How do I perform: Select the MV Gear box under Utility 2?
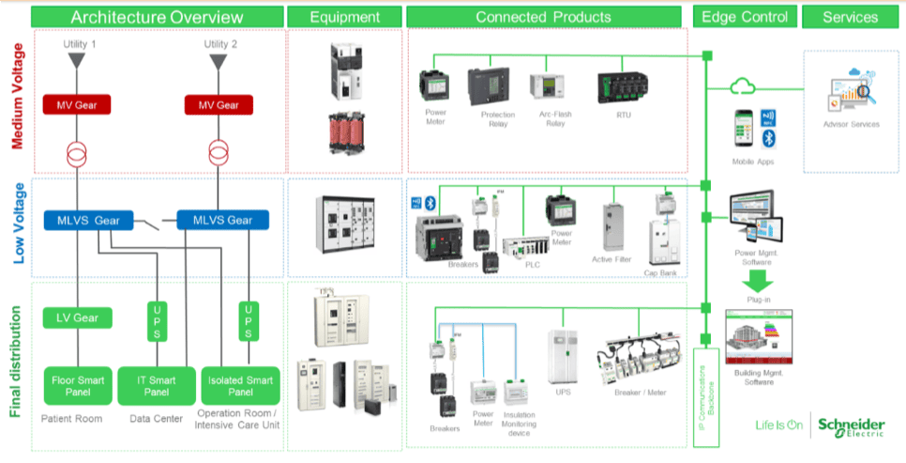click(219, 105)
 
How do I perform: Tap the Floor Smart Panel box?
click(78, 384)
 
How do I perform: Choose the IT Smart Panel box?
click(156, 384)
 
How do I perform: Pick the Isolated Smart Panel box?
click(240, 384)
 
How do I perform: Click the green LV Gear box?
click(78, 317)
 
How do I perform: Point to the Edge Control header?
click(746, 17)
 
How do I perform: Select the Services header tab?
click(851, 17)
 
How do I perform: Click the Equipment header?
click(345, 17)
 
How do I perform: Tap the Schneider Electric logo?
click(851, 425)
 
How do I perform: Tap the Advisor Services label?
click(851, 124)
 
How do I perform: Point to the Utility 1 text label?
click(80, 45)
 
